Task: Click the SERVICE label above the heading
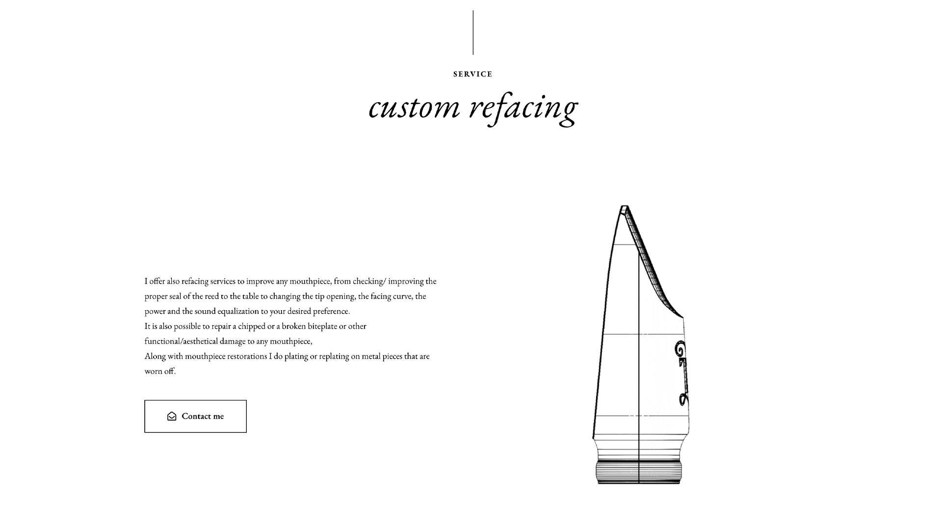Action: point(472,74)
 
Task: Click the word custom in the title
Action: point(415,106)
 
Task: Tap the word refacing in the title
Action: point(523,108)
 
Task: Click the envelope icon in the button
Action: point(172,416)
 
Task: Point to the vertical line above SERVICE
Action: point(473,32)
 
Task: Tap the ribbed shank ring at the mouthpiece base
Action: point(638,472)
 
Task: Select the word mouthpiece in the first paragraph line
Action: point(310,281)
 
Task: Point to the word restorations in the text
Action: point(247,356)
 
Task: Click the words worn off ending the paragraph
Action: point(160,371)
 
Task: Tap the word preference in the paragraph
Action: point(331,311)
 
